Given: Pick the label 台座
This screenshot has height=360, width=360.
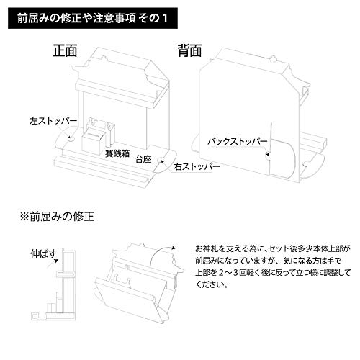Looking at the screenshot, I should (143, 159).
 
